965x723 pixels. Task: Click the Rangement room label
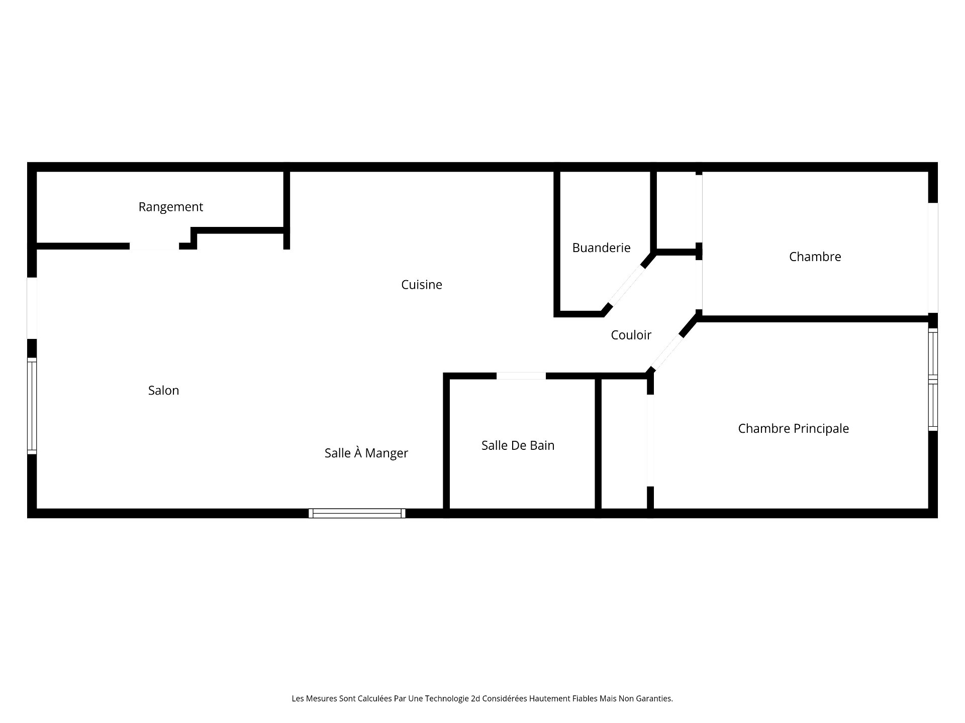click(x=170, y=207)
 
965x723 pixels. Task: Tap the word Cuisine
click(x=421, y=285)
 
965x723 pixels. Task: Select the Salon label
click(x=163, y=391)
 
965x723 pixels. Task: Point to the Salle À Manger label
click(x=366, y=453)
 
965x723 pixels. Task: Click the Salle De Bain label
click(x=518, y=445)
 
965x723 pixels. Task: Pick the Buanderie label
click(x=601, y=248)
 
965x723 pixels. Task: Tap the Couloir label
click(x=631, y=335)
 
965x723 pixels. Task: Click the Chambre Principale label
click(x=793, y=428)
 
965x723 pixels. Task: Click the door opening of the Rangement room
click(x=154, y=246)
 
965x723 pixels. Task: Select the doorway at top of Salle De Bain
click(x=521, y=376)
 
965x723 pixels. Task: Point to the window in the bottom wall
click(x=357, y=513)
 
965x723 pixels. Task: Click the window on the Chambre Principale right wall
click(x=933, y=380)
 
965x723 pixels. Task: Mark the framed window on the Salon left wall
click(x=32, y=406)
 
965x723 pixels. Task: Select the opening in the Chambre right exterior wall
click(x=933, y=258)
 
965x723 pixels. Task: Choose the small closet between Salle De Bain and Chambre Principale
click(x=624, y=444)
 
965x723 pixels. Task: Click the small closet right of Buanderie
click(x=677, y=211)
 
